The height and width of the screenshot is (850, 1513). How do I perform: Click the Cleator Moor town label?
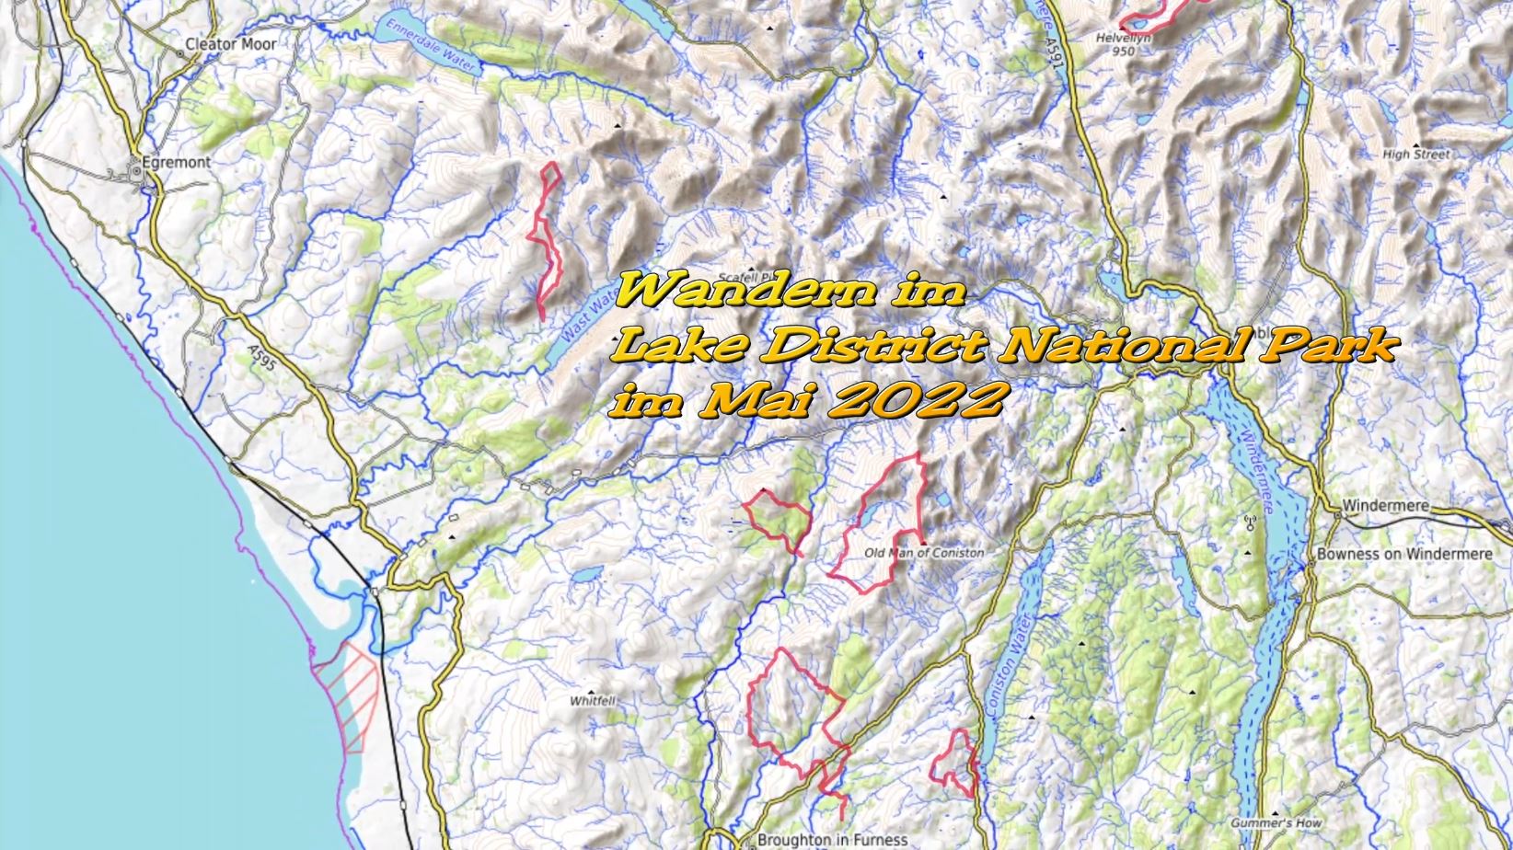(x=230, y=43)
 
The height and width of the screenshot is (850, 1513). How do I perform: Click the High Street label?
(x=1415, y=155)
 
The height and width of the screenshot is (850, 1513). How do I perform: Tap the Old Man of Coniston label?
(x=924, y=553)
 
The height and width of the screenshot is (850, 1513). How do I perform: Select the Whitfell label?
(x=592, y=700)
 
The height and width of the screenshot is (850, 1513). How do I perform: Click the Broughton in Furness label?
(x=832, y=839)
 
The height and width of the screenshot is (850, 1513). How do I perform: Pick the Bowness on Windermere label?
(x=1403, y=554)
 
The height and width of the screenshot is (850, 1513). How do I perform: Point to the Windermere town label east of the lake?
(x=1385, y=505)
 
